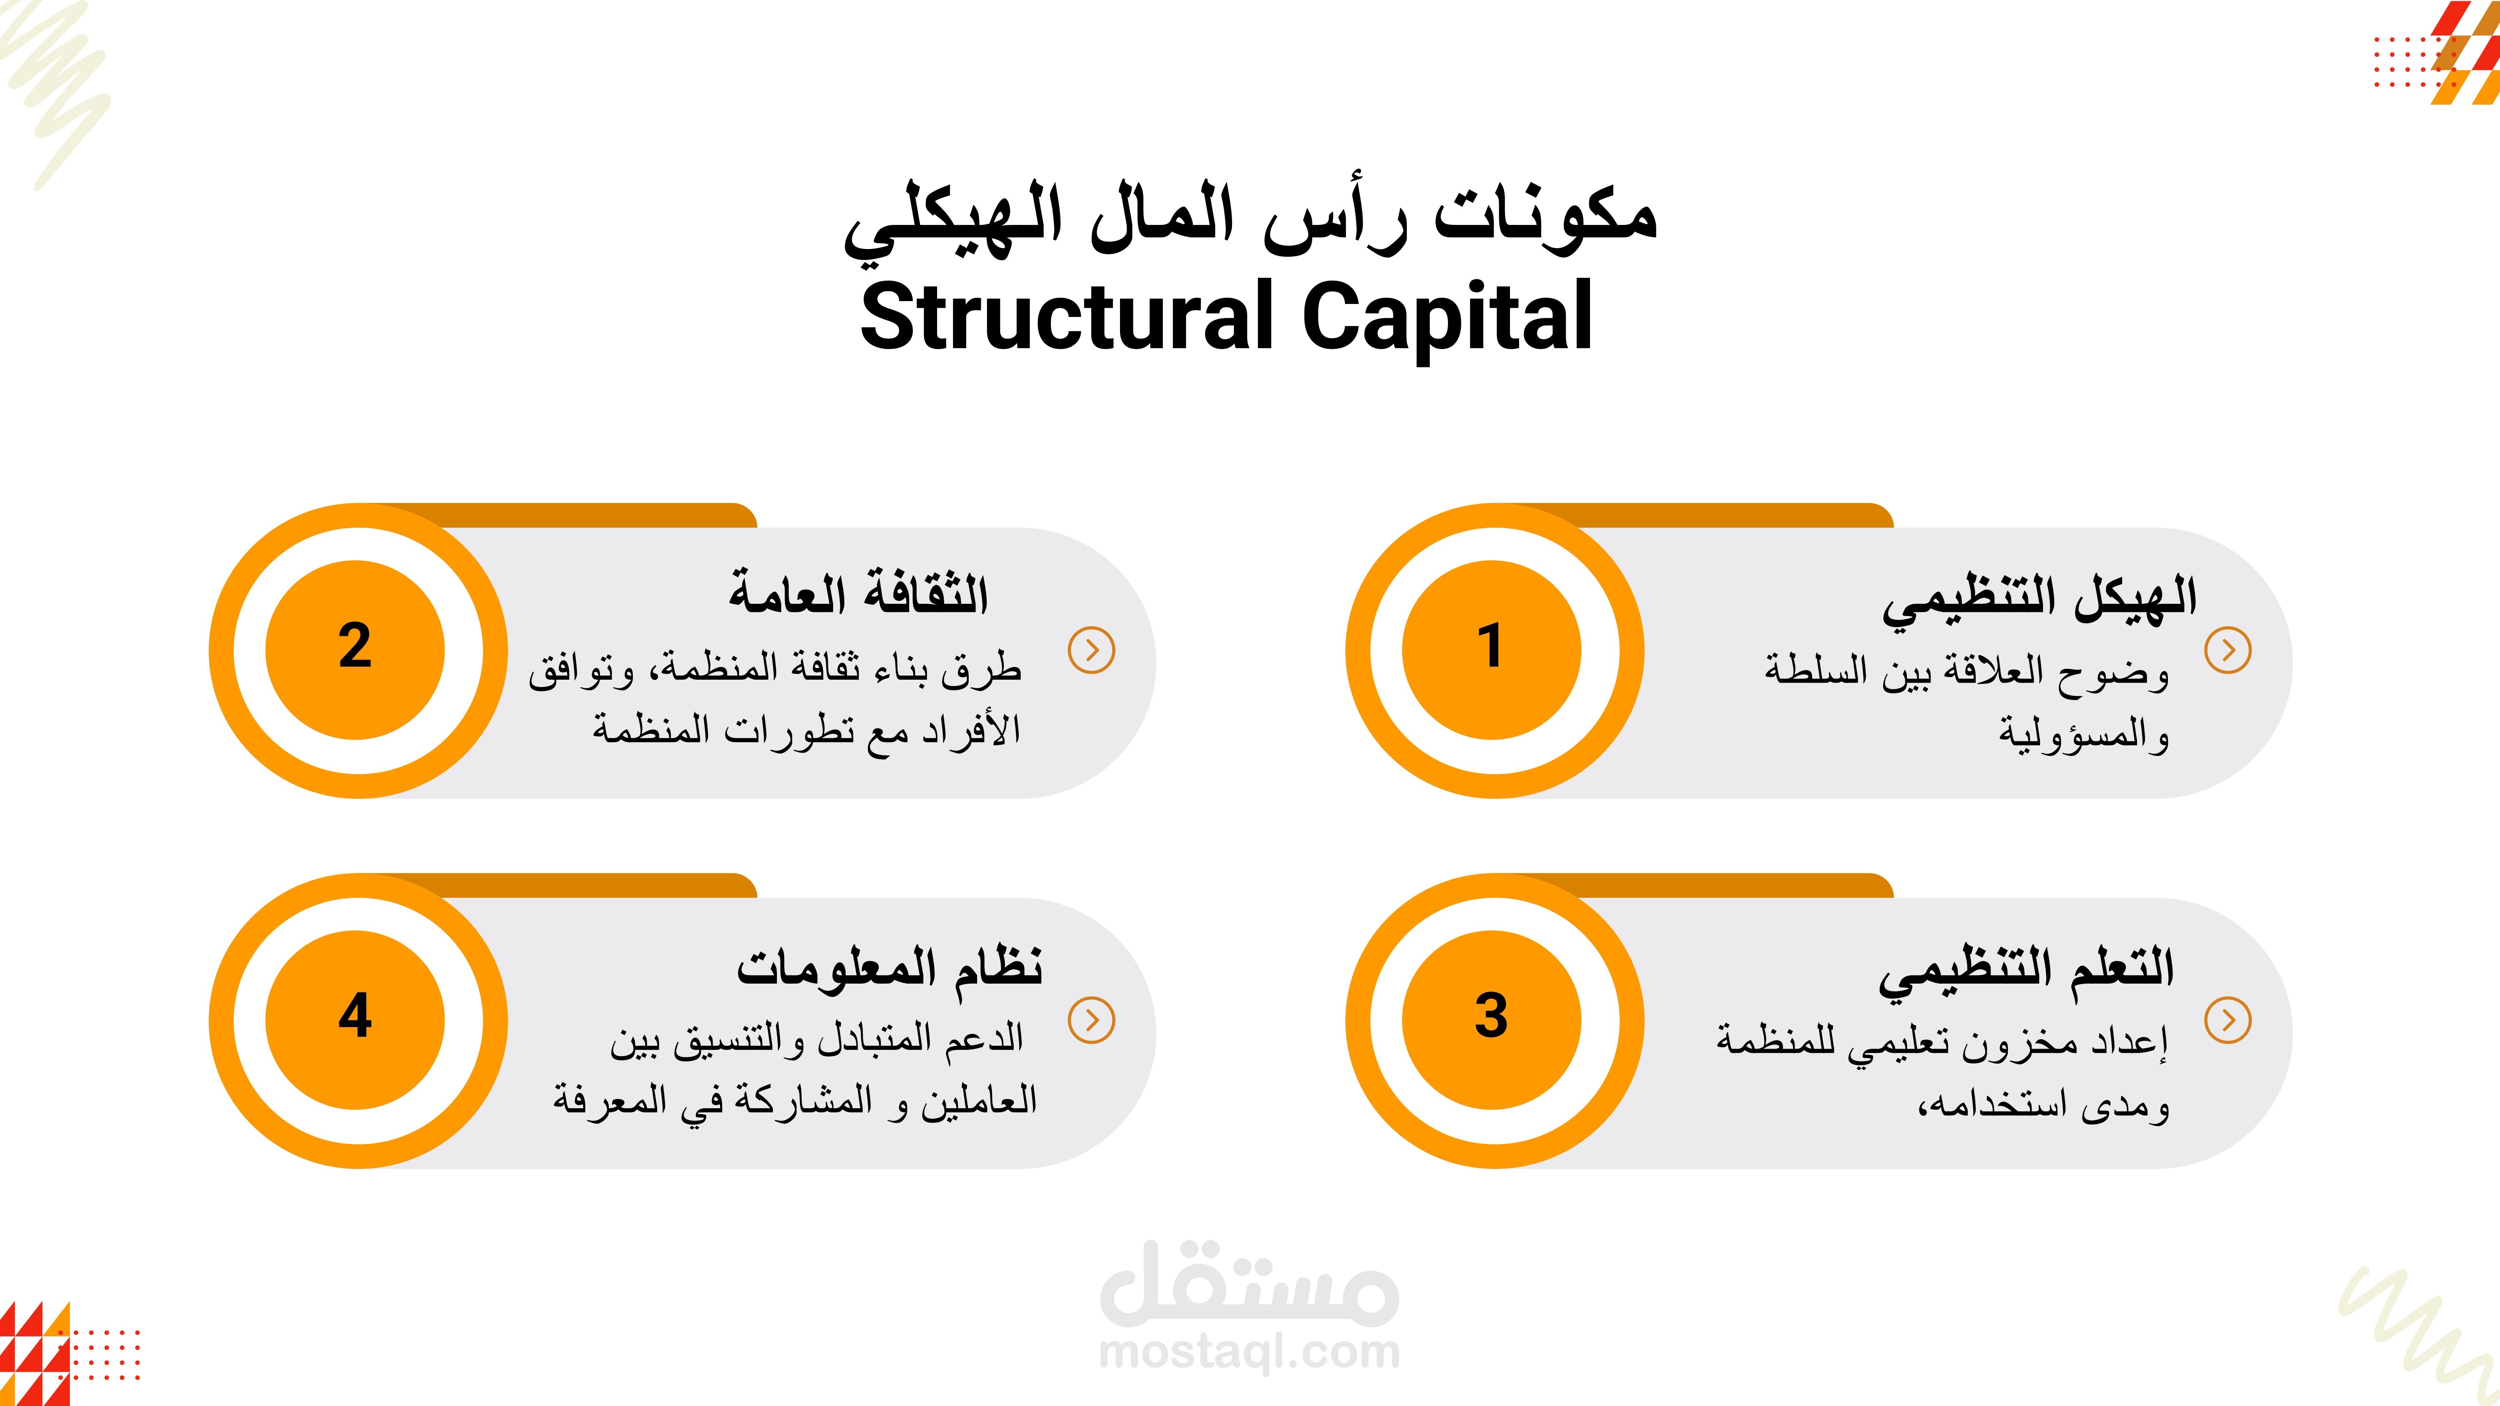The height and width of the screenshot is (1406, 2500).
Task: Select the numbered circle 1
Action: [x=1492, y=650]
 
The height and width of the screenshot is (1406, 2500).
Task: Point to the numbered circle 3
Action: [x=1492, y=1020]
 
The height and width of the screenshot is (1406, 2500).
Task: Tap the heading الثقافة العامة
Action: [x=859, y=592]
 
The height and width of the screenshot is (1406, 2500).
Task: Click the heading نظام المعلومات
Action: [x=889, y=967]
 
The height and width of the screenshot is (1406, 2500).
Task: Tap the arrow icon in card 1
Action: [x=2228, y=650]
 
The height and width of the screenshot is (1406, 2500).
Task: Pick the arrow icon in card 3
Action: [x=2228, y=1020]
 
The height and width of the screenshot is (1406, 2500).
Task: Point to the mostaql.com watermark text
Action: [x=1250, y=1351]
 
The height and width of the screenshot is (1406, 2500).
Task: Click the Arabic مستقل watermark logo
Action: [x=1250, y=1284]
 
